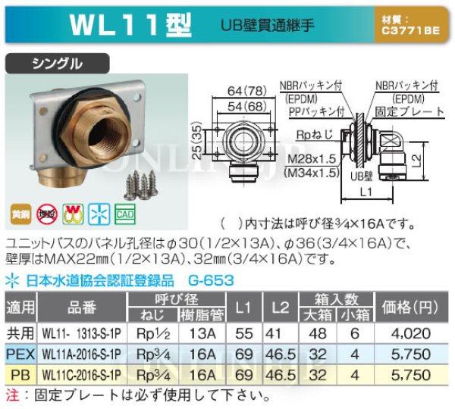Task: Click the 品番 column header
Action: pyautogui.click(x=83, y=306)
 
